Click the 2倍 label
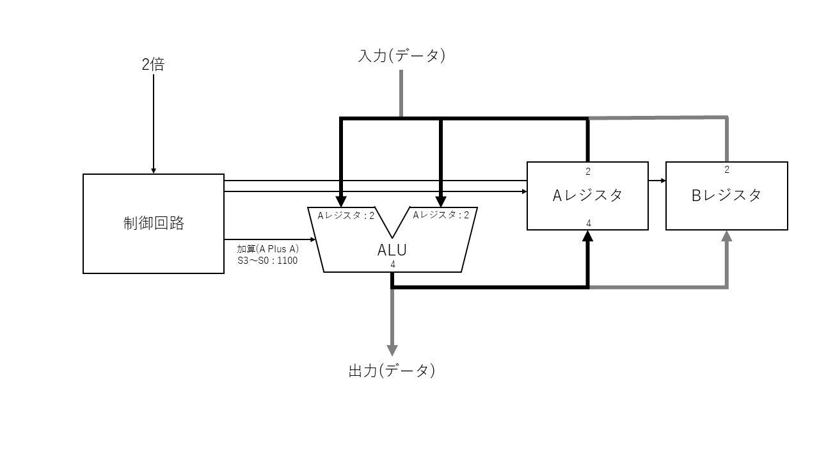153,65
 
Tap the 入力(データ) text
401,56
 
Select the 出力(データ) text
392,371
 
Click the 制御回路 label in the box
154,223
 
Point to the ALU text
392,250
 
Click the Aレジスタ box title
587,196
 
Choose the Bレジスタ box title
726,196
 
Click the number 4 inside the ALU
392,264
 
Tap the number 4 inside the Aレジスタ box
588,223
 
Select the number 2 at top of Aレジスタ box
588,172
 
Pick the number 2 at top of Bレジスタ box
726,170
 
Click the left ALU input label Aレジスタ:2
346,216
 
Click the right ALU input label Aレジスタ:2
441,215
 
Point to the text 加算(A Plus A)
268,248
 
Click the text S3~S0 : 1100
267,261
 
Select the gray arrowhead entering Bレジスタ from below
726,235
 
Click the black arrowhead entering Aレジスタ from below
588,235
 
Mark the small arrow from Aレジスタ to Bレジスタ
657,181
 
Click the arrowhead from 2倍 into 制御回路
154,171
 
